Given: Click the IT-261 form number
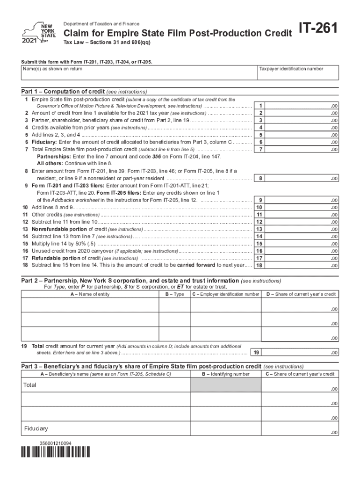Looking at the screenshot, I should (321, 31).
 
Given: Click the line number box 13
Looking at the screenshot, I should (260, 229).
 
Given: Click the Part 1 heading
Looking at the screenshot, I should (84, 91).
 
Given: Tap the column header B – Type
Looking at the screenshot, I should (174, 294).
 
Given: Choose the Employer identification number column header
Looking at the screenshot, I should (225, 294).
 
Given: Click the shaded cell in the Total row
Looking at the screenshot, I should (226, 385).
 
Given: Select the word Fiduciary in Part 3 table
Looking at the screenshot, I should (36, 428).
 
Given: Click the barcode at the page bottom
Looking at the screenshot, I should (56, 453).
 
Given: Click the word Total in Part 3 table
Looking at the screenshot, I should (30, 385).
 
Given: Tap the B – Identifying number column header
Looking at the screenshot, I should (226, 374).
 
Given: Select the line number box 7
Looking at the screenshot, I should (260, 149).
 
